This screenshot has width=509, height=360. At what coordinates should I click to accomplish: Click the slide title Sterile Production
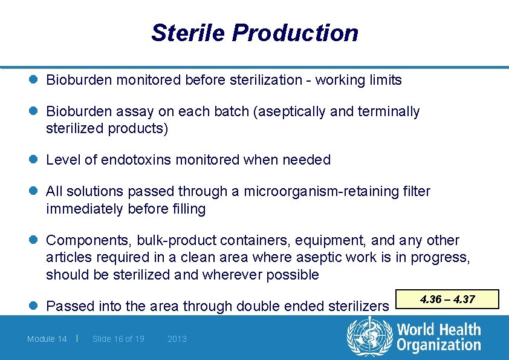tap(254, 33)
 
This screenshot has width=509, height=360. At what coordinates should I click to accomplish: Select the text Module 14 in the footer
tap(47, 339)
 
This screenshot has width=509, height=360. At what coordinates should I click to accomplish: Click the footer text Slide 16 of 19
tap(118, 339)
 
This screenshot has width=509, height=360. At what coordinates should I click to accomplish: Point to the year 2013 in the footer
tap(177, 339)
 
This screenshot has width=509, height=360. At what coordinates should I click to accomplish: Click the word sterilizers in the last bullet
tap(358, 306)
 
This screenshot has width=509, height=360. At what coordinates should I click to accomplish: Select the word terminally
tap(391, 111)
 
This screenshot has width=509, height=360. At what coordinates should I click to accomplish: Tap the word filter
tap(415, 192)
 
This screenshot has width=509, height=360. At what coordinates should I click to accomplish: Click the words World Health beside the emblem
tap(438, 330)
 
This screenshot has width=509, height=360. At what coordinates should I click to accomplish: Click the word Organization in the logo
tap(438, 345)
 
